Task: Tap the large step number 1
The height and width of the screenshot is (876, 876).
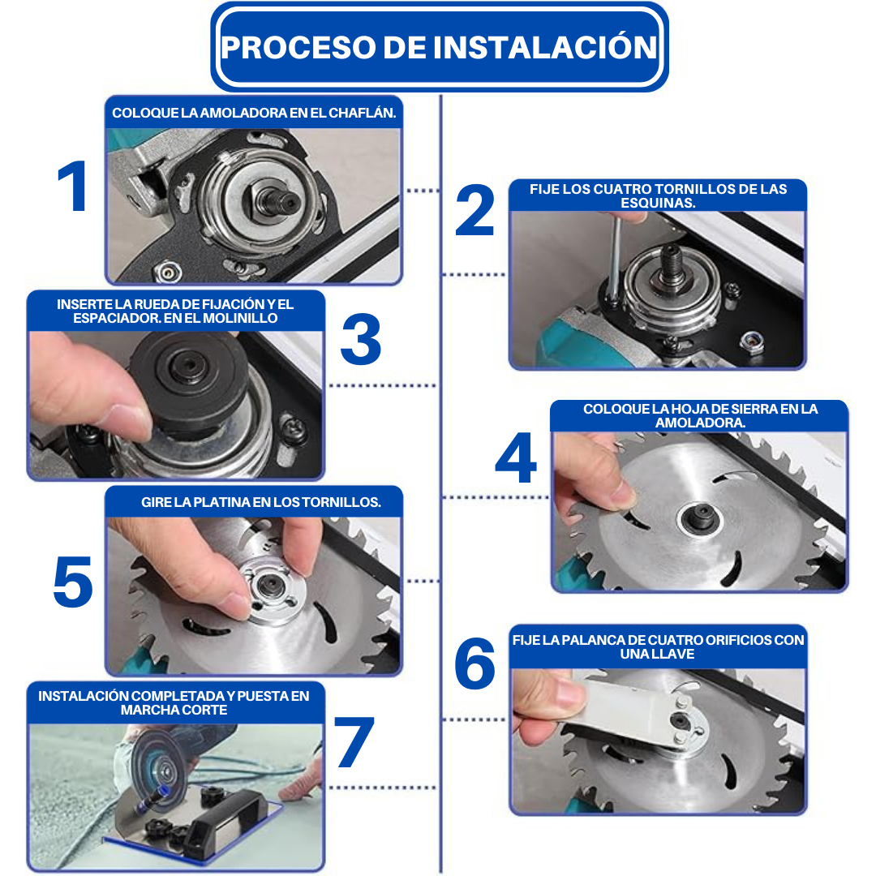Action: [x=73, y=186]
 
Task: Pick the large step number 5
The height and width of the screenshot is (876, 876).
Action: [x=73, y=582]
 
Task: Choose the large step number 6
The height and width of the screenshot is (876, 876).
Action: [x=474, y=663]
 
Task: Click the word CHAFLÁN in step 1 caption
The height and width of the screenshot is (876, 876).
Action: [x=362, y=113]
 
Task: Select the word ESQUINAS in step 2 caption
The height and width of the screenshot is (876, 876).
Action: [x=658, y=203]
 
